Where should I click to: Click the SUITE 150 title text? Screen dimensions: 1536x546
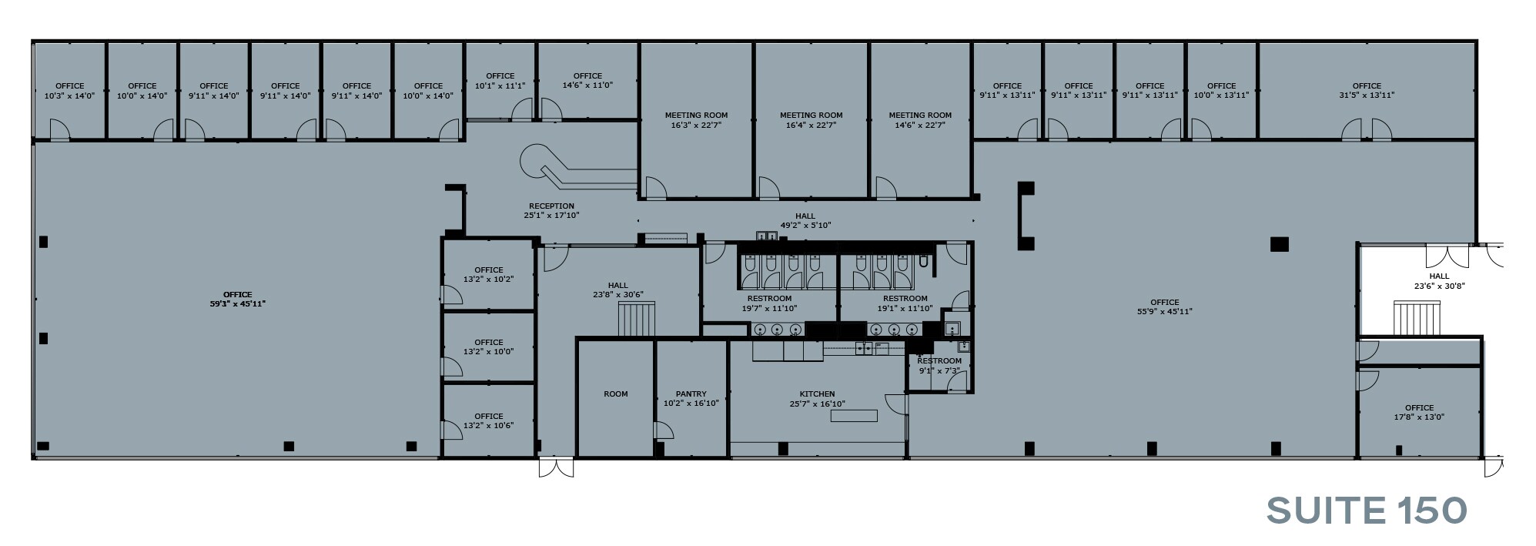(x=1367, y=511)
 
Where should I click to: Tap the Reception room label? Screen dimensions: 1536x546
(x=551, y=206)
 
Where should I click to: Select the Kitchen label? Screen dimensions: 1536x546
(x=817, y=394)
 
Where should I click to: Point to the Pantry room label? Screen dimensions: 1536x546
(x=691, y=394)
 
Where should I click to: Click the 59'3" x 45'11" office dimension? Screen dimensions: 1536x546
(x=237, y=304)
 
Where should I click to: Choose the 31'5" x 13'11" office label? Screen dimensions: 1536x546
(x=1367, y=95)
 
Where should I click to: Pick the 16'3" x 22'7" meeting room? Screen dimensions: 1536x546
(x=696, y=120)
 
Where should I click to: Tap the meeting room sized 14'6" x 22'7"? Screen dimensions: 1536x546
(x=920, y=120)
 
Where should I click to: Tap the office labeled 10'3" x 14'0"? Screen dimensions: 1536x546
(x=70, y=91)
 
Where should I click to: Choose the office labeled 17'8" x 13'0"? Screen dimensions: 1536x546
(x=1419, y=413)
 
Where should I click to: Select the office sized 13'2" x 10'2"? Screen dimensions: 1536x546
(x=488, y=275)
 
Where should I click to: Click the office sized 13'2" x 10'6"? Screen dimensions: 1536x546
(x=488, y=420)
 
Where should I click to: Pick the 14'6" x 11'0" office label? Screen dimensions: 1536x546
(x=587, y=81)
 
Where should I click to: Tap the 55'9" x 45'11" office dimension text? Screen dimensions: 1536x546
(x=1164, y=312)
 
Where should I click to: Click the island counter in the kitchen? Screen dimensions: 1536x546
(x=854, y=416)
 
